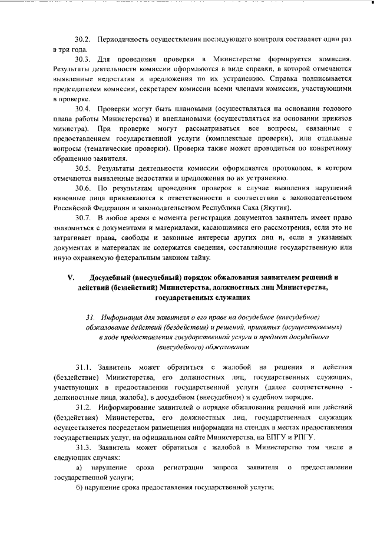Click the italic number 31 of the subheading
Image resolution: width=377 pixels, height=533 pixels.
pyautogui.click(x=90, y=319)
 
